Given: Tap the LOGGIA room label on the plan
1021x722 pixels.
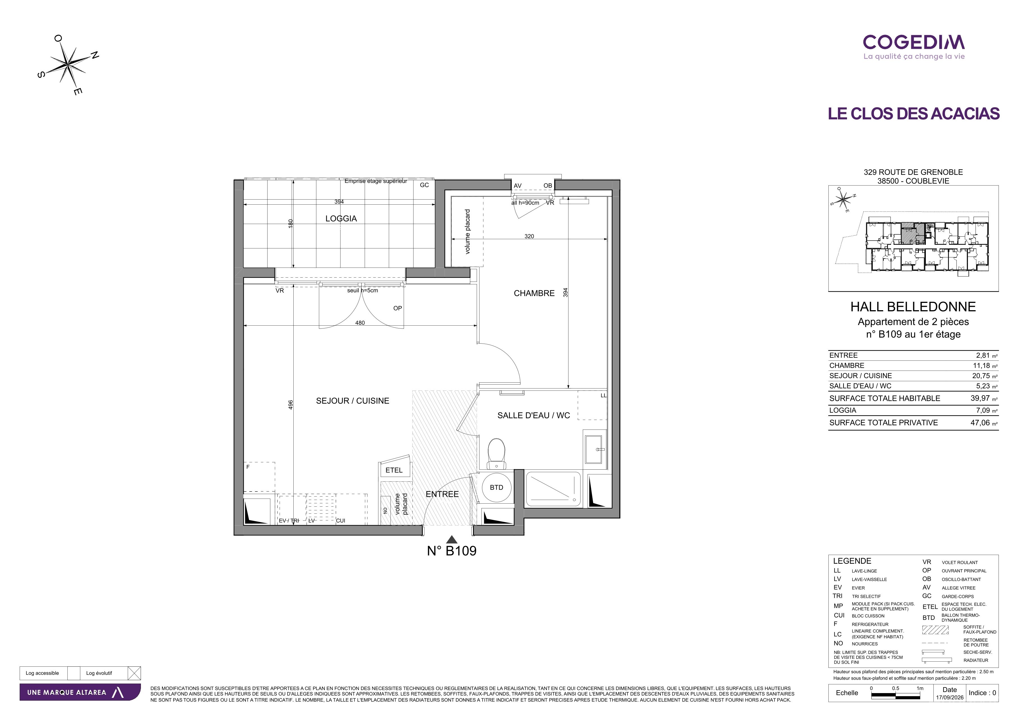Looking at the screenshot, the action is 341,218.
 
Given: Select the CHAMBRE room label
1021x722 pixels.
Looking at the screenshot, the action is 534,293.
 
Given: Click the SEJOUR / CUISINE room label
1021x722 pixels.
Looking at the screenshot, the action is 352,401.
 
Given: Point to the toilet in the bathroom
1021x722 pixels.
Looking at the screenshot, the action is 496,453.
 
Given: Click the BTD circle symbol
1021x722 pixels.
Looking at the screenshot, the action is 496,488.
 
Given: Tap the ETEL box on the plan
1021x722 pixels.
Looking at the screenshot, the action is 394,469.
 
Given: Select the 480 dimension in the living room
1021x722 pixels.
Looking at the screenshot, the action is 360,323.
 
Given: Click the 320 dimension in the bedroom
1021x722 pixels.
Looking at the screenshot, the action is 529,236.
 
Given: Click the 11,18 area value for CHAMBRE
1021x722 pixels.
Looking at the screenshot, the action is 981,365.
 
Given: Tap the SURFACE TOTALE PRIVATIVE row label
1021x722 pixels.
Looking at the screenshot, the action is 883,423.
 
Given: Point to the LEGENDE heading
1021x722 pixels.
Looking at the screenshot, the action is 852,561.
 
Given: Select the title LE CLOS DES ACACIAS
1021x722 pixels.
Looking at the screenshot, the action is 914,113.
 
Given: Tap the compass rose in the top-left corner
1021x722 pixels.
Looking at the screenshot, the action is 68,65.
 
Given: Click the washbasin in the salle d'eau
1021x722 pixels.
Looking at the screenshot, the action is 595,449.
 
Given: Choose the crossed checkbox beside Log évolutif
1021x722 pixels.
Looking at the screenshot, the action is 134,673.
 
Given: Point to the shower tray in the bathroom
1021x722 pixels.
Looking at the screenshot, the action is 553,489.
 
